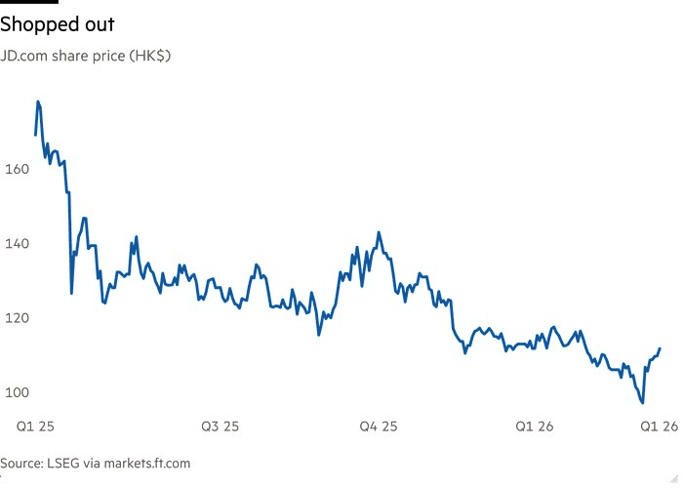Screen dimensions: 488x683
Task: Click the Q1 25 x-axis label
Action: point(35,427)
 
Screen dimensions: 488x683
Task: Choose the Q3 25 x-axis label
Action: point(220,427)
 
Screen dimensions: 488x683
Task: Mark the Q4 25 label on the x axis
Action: point(378,427)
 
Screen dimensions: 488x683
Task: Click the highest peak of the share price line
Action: point(38,102)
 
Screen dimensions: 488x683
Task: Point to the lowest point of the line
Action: point(643,402)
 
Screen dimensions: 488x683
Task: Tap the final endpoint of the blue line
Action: point(661,348)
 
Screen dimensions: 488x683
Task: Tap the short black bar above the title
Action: point(29,3)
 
